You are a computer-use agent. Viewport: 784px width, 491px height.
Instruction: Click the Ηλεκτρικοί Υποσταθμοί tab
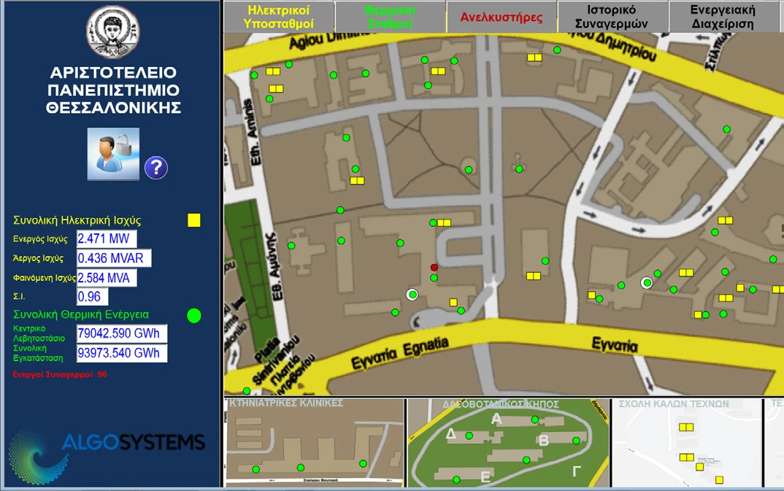(279, 17)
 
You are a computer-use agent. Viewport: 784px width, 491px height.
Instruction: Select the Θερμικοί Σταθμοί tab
(390, 17)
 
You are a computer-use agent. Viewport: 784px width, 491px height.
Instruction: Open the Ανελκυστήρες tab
(501, 17)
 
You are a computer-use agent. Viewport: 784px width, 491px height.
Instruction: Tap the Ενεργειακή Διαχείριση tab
(723, 17)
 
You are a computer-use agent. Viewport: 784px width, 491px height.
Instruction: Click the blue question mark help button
(155, 168)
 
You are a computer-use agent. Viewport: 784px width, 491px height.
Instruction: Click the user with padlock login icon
(113, 153)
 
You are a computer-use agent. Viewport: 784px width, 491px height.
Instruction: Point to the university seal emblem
(113, 32)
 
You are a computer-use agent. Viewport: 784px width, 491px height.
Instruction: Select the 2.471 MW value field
(107, 239)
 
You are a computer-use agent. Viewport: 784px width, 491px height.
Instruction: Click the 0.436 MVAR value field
(114, 258)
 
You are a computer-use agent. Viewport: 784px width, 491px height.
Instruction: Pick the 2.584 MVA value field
(107, 278)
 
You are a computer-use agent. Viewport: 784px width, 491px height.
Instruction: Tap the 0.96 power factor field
(93, 297)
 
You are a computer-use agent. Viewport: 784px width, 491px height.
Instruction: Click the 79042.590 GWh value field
(122, 334)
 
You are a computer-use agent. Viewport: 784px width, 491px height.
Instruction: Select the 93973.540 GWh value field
(122, 354)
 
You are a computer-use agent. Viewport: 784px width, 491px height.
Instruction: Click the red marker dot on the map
(434, 268)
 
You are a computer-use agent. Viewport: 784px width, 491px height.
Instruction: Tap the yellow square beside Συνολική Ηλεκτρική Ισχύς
(194, 220)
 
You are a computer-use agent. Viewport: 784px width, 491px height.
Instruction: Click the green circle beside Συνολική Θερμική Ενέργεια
(193, 315)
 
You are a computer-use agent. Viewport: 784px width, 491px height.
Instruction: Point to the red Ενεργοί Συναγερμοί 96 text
(60, 374)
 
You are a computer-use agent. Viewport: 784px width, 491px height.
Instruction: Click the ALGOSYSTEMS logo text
(133, 442)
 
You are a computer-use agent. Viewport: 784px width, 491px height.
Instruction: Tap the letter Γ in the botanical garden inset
(576, 472)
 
